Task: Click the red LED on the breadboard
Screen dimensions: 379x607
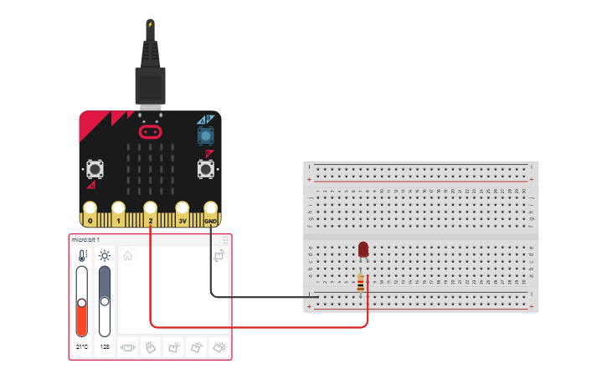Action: click(x=363, y=249)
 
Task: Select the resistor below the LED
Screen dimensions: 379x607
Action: click(x=361, y=284)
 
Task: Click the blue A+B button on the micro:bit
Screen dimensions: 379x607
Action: click(x=204, y=135)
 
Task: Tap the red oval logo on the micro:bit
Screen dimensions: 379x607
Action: click(x=150, y=132)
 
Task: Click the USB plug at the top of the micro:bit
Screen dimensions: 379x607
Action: click(x=150, y=85)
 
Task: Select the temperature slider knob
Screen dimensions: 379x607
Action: click(x=82, y=302)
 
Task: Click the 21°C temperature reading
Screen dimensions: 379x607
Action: click(x=82, y=346)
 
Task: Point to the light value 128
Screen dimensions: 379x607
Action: click(x=105, y=346)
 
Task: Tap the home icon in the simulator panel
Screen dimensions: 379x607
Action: click(x=128, y=256)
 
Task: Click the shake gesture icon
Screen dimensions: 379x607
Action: click(x=128, y=346)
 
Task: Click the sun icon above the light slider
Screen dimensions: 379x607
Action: click(x=105, y=256)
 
